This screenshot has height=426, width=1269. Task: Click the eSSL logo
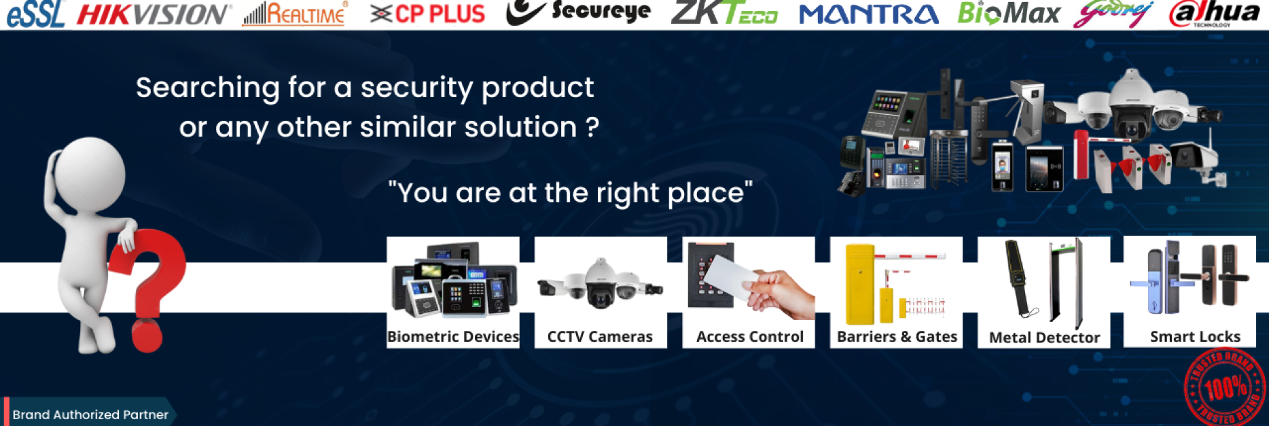[x=35, y=14]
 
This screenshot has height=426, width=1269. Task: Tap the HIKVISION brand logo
[x=154, y=14]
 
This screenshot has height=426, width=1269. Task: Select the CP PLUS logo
[x=428, y=14]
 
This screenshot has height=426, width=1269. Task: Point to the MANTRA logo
[x=868, y=14]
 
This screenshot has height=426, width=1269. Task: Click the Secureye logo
[x=579, y=12]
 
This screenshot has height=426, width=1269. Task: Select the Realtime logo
[x=295, y=14]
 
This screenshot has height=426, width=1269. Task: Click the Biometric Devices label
[x=453, y=336]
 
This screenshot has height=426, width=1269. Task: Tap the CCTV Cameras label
[x=600, y=336]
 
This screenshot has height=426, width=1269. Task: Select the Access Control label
[x=749, y=336]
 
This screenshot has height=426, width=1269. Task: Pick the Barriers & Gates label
[x=897, y=336]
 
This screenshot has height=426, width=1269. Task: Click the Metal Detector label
[x=1044, y=337]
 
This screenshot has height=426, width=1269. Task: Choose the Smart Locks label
[x=1194, y=336]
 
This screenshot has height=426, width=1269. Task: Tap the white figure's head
[x=88, y=173]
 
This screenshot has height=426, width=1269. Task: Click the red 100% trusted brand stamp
[x=1225, y=387]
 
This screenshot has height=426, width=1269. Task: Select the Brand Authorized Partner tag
[x=90, y=414]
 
